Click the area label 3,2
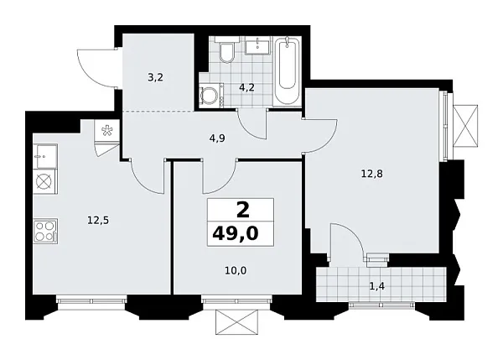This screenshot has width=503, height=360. [156, 78]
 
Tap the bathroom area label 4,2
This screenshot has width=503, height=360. [247, 87]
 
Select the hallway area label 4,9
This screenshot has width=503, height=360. [217, 138]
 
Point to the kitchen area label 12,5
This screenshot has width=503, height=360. [98, 221]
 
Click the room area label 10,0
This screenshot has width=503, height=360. [236, 271]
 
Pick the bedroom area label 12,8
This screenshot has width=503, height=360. [371, 174]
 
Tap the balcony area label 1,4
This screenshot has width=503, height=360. [377, 286]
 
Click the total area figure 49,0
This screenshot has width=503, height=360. [236, 234]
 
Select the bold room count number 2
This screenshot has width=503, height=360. [243, 211]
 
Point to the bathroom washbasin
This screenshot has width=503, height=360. [258, 45]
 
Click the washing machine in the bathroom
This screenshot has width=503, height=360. [210, 95]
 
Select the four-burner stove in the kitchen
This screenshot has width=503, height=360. [45, 232]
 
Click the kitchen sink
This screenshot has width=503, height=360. [45, 156]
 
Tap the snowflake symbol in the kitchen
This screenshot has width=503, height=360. [106, 131]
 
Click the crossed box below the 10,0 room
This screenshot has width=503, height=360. [236, 321]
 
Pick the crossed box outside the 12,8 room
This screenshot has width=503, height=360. [465, 126]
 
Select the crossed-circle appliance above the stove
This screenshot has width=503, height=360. [44, 182]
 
